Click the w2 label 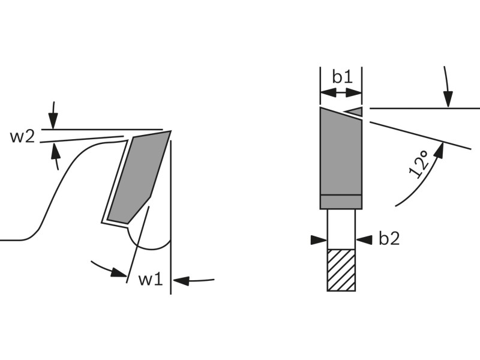click(x=23, y=137)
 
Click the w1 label click(x=151, y=279)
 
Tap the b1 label click(x=343, y=77)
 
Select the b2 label click(x=389, y=238)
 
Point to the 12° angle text click(x=419, y=164)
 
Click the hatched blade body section click(x=341, y=270)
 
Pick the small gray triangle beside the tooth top click(x=353, y=112)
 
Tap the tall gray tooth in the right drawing click(x=341, y=151)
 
